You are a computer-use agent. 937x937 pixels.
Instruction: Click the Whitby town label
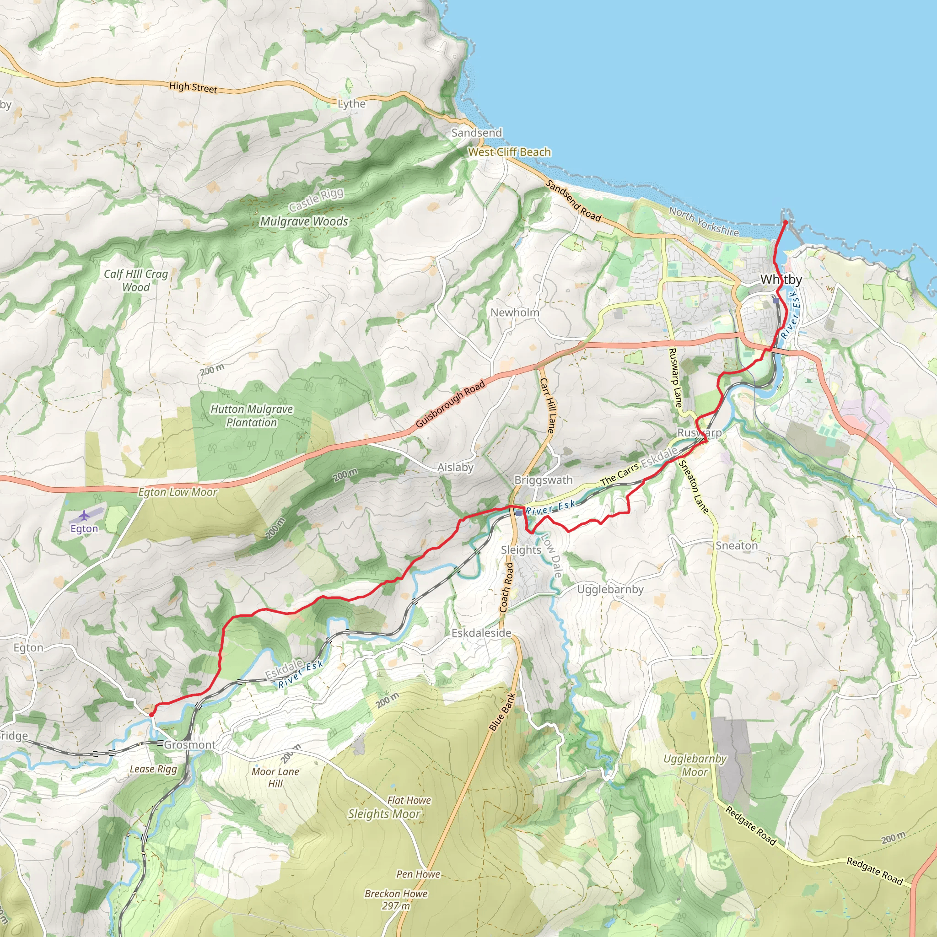781,280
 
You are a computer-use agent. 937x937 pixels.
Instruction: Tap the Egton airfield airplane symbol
84,515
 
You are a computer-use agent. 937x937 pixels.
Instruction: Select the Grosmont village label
189,744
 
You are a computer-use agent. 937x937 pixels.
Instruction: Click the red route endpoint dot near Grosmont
151,714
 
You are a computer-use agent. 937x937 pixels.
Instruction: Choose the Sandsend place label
476,133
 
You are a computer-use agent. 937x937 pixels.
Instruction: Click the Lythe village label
352,104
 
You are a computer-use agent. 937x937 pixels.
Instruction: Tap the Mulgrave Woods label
304,221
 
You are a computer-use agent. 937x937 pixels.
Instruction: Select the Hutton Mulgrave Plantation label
251,415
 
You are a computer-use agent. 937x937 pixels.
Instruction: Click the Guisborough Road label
451,404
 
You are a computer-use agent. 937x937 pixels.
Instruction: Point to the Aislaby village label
455,467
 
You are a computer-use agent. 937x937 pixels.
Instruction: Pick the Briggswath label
543,480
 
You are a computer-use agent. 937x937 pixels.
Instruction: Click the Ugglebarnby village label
610,589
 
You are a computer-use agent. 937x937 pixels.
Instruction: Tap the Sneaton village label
736,546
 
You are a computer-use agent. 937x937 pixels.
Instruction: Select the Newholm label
515,312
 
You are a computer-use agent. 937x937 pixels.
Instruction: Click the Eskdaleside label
481,633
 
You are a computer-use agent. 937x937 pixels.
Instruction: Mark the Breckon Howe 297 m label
396,899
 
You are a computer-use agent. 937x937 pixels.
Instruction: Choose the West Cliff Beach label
509,152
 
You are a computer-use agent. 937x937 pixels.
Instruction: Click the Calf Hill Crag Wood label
136,280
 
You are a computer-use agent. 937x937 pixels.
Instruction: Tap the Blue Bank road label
502,712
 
